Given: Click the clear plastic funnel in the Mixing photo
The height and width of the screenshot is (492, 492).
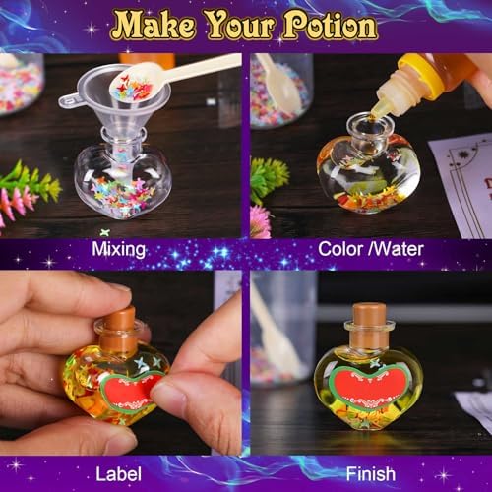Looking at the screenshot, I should [x=108, y=108].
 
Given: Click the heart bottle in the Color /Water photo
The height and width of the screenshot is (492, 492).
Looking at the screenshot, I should [x=369, y=172].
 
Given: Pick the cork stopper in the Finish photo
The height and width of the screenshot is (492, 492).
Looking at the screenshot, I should [x=370, y=325].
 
